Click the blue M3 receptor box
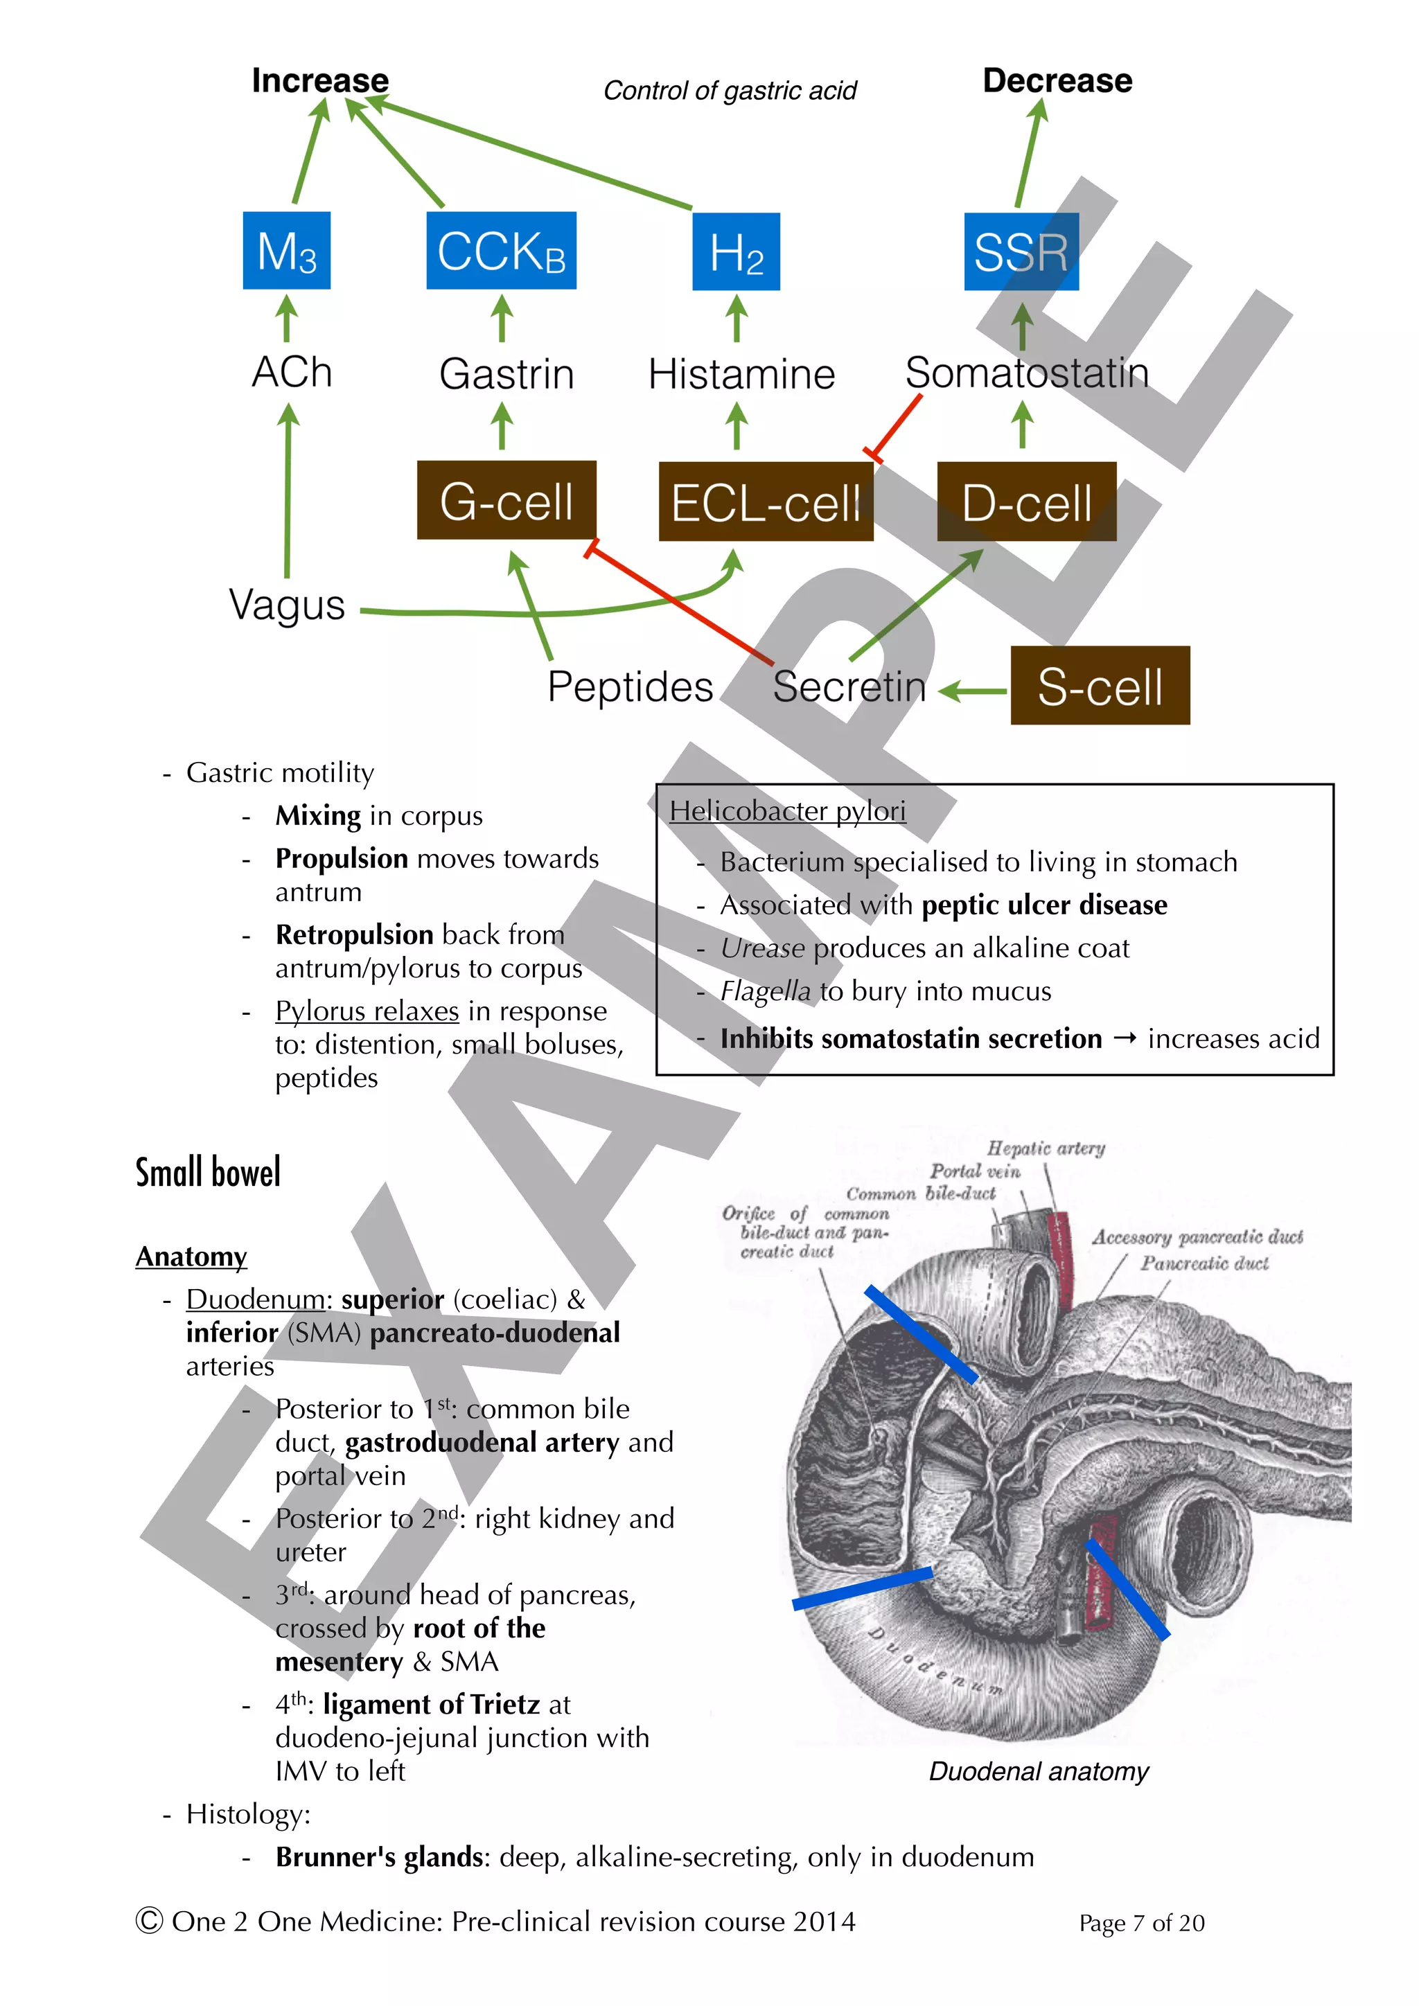point(287,251)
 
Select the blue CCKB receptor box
point(501,251)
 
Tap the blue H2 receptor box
point(736,251)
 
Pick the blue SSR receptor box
point(1021,251)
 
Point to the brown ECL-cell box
point(766,501)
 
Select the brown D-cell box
point(1026,501)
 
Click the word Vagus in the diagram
point(287,605)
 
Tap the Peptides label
point(630,686)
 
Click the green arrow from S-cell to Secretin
point(973,691)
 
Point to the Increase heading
point(320,80)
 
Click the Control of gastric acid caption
point(730,91)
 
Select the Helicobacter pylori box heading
point(787,811)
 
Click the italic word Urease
point(762,948)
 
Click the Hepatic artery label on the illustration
point(1046,1148)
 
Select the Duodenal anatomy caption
point(1038,1771)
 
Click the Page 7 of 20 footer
point(1141,1923)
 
